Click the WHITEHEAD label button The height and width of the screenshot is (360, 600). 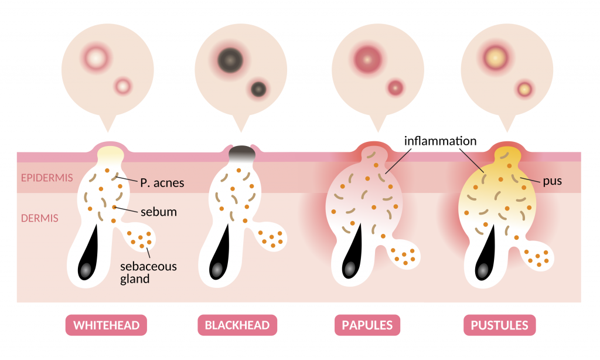click(106, 325)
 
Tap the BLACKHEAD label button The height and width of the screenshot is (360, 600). click(237, 325)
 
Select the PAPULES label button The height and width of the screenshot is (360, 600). click(367, 325)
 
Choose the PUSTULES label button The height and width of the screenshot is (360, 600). click(499, 325)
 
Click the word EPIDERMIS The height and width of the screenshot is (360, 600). click(47, 178)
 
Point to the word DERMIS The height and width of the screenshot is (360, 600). click(40, 218)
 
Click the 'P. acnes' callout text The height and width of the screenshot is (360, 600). click(162, 183)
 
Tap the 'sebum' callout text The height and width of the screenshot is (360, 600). click(159, 212)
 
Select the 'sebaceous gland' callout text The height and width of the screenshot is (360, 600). click(148, 272)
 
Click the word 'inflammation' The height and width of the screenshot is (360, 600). click(441, 141)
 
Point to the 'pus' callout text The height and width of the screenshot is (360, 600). click(553, 181)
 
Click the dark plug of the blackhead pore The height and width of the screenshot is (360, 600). click(242, 153)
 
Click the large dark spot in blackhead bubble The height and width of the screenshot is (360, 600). click(230, 60)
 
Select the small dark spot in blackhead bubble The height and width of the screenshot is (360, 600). click(258, 89)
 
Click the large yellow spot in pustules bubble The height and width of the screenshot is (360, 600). click(496, 59)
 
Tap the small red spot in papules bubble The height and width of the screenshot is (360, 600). click(396, 88)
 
